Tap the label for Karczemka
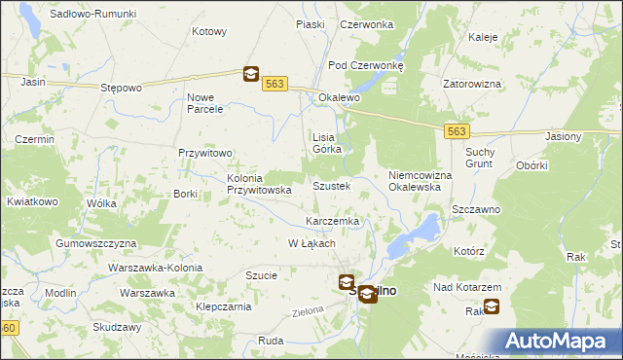tap(333, 222)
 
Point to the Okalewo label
tap(339, 98)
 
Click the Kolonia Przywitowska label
tap(259, 185)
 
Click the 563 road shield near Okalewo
tap(275, 85)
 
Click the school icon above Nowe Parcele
tap(250, 73)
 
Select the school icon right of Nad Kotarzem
tap(491, 307)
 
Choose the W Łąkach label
tap(312, 243)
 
